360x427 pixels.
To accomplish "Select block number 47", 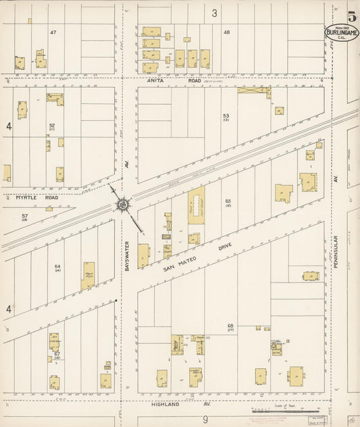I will pos(53,33).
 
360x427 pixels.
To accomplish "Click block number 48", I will pos(227,32).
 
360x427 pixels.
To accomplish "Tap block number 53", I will pos(226,116).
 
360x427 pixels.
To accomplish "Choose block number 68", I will pos(230,326).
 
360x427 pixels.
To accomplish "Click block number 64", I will pos(57,267).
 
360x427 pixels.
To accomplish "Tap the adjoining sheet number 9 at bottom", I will pos(203,420).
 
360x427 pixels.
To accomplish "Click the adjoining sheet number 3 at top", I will pos(214,12).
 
